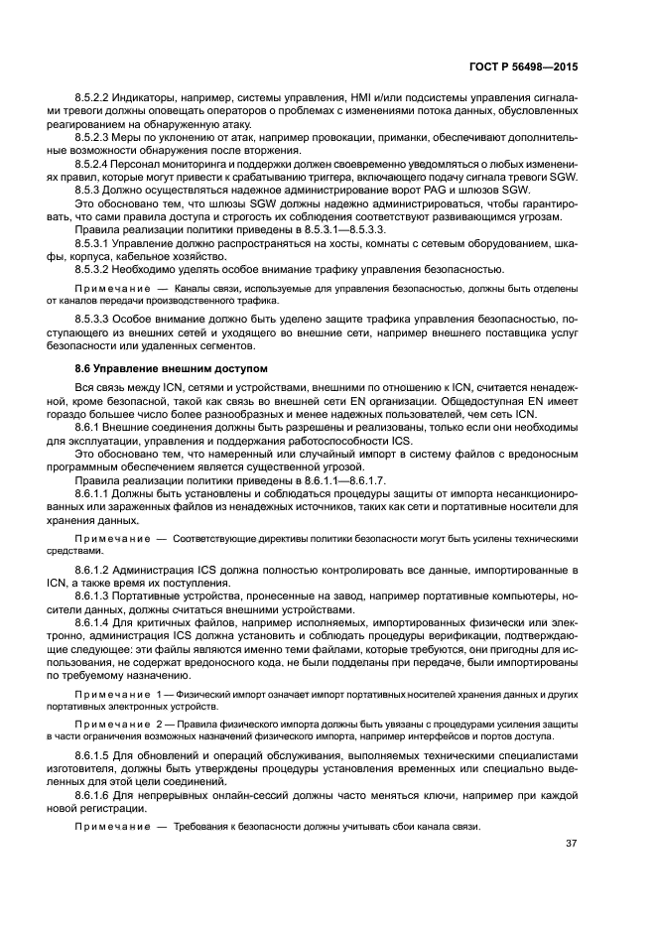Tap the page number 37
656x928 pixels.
[572, 845]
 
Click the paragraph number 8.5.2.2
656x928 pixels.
[96, 95]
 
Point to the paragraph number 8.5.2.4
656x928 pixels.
[96, 163]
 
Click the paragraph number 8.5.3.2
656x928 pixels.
[96, 270]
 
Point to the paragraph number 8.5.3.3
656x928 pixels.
[96, 319]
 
